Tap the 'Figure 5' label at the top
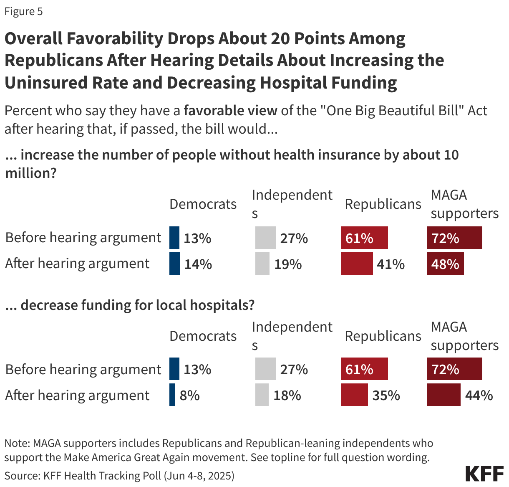point(24,11)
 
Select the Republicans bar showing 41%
point(357,264)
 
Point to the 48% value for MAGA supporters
point(445,264)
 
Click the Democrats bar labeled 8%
point(172,395)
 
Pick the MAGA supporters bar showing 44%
point(443,395)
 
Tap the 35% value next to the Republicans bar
point(386,396)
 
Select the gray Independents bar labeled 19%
point(262,264)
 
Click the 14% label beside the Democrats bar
point(198,264)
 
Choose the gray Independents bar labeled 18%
point(262,395)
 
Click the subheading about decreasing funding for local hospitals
point(130,305)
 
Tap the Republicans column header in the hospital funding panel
point(383,336)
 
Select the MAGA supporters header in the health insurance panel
point(464,204)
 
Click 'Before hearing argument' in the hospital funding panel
point(83,370)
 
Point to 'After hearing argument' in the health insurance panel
point(77,264)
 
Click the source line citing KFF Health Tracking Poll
point(119,476)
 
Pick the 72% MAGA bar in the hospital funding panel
point(454,369)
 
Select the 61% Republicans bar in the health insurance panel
point(364,238)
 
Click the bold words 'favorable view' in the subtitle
point(230,111)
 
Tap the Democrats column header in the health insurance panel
point(203,204)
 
